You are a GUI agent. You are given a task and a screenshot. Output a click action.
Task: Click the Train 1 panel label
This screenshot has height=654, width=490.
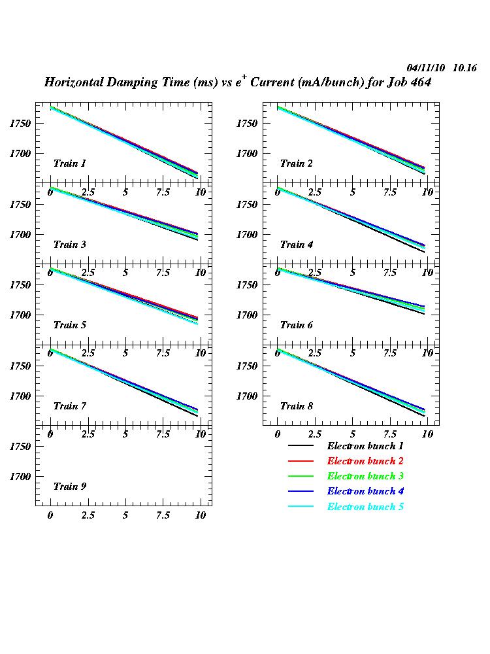point(69,163)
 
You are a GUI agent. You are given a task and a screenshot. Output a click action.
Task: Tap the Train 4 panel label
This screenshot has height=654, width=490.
point(296,245)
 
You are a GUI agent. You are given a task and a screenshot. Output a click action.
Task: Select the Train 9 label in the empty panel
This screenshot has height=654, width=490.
point(69,487)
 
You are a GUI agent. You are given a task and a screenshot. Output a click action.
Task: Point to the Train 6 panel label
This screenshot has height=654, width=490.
point(296,325)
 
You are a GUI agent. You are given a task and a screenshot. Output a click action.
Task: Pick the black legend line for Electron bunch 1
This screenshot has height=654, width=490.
point(301,446)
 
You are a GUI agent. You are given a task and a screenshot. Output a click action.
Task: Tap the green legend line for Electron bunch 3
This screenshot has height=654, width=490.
point(301,477)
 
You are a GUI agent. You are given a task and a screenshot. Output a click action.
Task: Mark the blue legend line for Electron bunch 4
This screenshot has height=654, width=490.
point(301,492)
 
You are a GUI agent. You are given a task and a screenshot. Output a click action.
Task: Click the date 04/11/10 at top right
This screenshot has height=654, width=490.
point(426,68)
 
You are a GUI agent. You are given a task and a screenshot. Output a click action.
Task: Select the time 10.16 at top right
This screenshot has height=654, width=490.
point(465,68)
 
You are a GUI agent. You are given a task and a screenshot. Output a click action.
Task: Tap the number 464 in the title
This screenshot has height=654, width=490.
point(419,83)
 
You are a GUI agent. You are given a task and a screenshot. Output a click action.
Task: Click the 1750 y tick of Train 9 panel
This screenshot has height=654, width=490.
point(20,447)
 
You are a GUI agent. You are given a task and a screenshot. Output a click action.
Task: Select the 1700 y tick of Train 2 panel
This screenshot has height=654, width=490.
point(247,154)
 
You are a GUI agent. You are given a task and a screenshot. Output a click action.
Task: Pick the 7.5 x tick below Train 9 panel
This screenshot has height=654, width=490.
point(163,515)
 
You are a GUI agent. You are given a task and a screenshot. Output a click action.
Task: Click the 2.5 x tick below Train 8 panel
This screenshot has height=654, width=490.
point(315,434)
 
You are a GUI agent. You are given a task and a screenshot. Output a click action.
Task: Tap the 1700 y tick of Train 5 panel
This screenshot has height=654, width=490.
point(20,315)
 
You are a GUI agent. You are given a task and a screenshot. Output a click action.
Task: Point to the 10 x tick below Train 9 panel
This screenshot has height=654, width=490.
point(201,515)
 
